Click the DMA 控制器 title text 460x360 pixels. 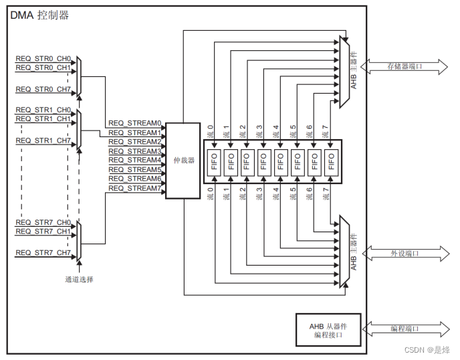39,15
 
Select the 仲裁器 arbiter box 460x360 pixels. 183,161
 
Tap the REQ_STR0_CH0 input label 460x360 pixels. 43,58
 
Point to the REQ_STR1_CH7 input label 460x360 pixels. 43,141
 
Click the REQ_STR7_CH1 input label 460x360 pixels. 43,232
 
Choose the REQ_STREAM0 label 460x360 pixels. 135,123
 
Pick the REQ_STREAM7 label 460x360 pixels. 135,188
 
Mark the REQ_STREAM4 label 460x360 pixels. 135,160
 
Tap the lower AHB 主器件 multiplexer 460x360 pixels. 345,252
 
